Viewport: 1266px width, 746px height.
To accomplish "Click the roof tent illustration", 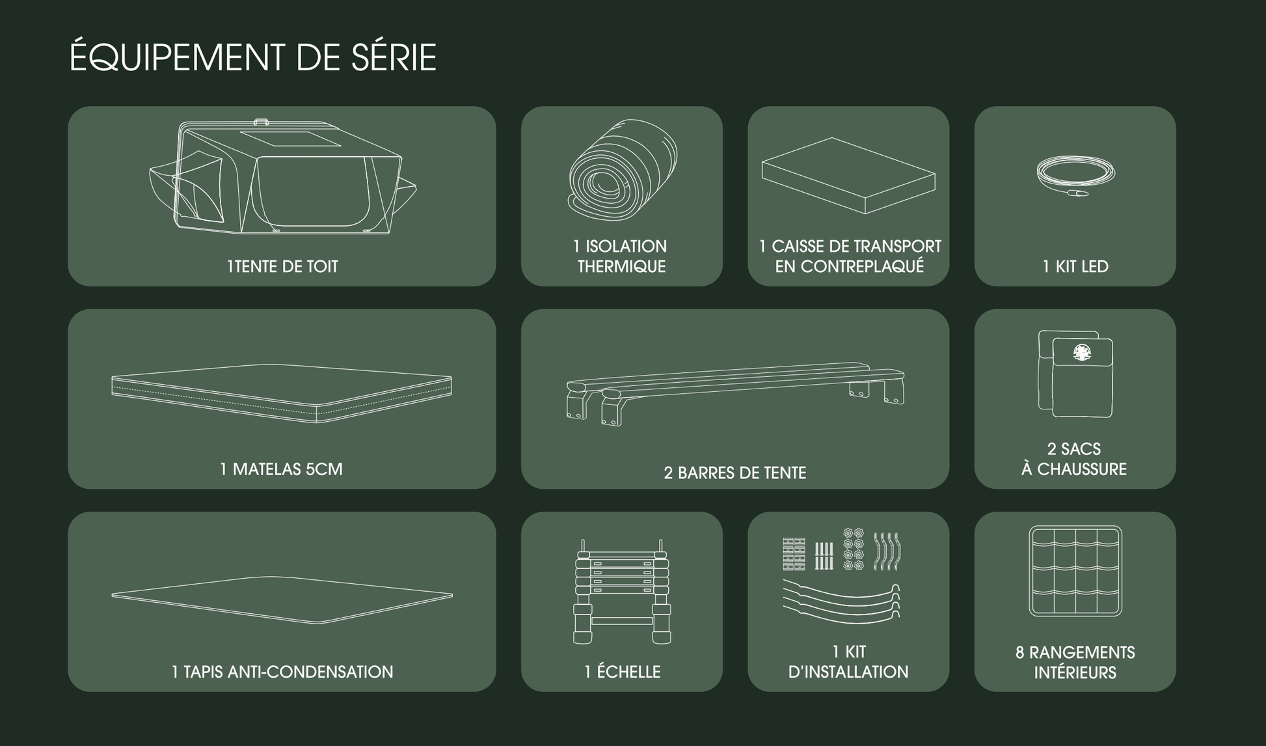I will pyautogui.click(x=283, y=177).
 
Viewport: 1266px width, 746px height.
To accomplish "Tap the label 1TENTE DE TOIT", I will pyautogui.click(x=282, y=266).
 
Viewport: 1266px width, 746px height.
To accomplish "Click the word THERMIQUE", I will pyautogui.click(x=621, y=267).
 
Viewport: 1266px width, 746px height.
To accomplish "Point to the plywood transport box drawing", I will pyautogui.click(x=848, y=176).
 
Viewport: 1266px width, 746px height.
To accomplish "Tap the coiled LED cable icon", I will pyautogui.click(x=1075, y=174).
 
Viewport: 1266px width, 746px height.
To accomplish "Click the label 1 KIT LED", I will pyautogui.click(x=1075, y=266).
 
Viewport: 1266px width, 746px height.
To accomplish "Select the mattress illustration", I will pyautogui.click(x=282, y=393).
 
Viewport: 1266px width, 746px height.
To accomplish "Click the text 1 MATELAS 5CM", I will pyautogui.click(x=281, y=469).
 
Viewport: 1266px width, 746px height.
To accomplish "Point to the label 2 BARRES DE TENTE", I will pyautogui.click(x=734, y=473).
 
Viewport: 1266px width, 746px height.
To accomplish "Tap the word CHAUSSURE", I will pyautogui.click(x=1082, y=469).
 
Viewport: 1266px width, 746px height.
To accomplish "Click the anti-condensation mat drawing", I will pyautogui.click(x=282, y=599).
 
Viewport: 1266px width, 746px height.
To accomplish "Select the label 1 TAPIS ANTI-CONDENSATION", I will pyautogui.click(x=282, y=672).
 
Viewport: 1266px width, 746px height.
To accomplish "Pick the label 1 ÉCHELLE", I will pyautogui.click(x=622, y=672).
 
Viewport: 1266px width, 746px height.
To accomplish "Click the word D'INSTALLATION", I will pyautogui.click(x=848, y=672).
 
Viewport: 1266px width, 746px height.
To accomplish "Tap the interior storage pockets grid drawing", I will pyautogui.click(x=1075, y=571).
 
